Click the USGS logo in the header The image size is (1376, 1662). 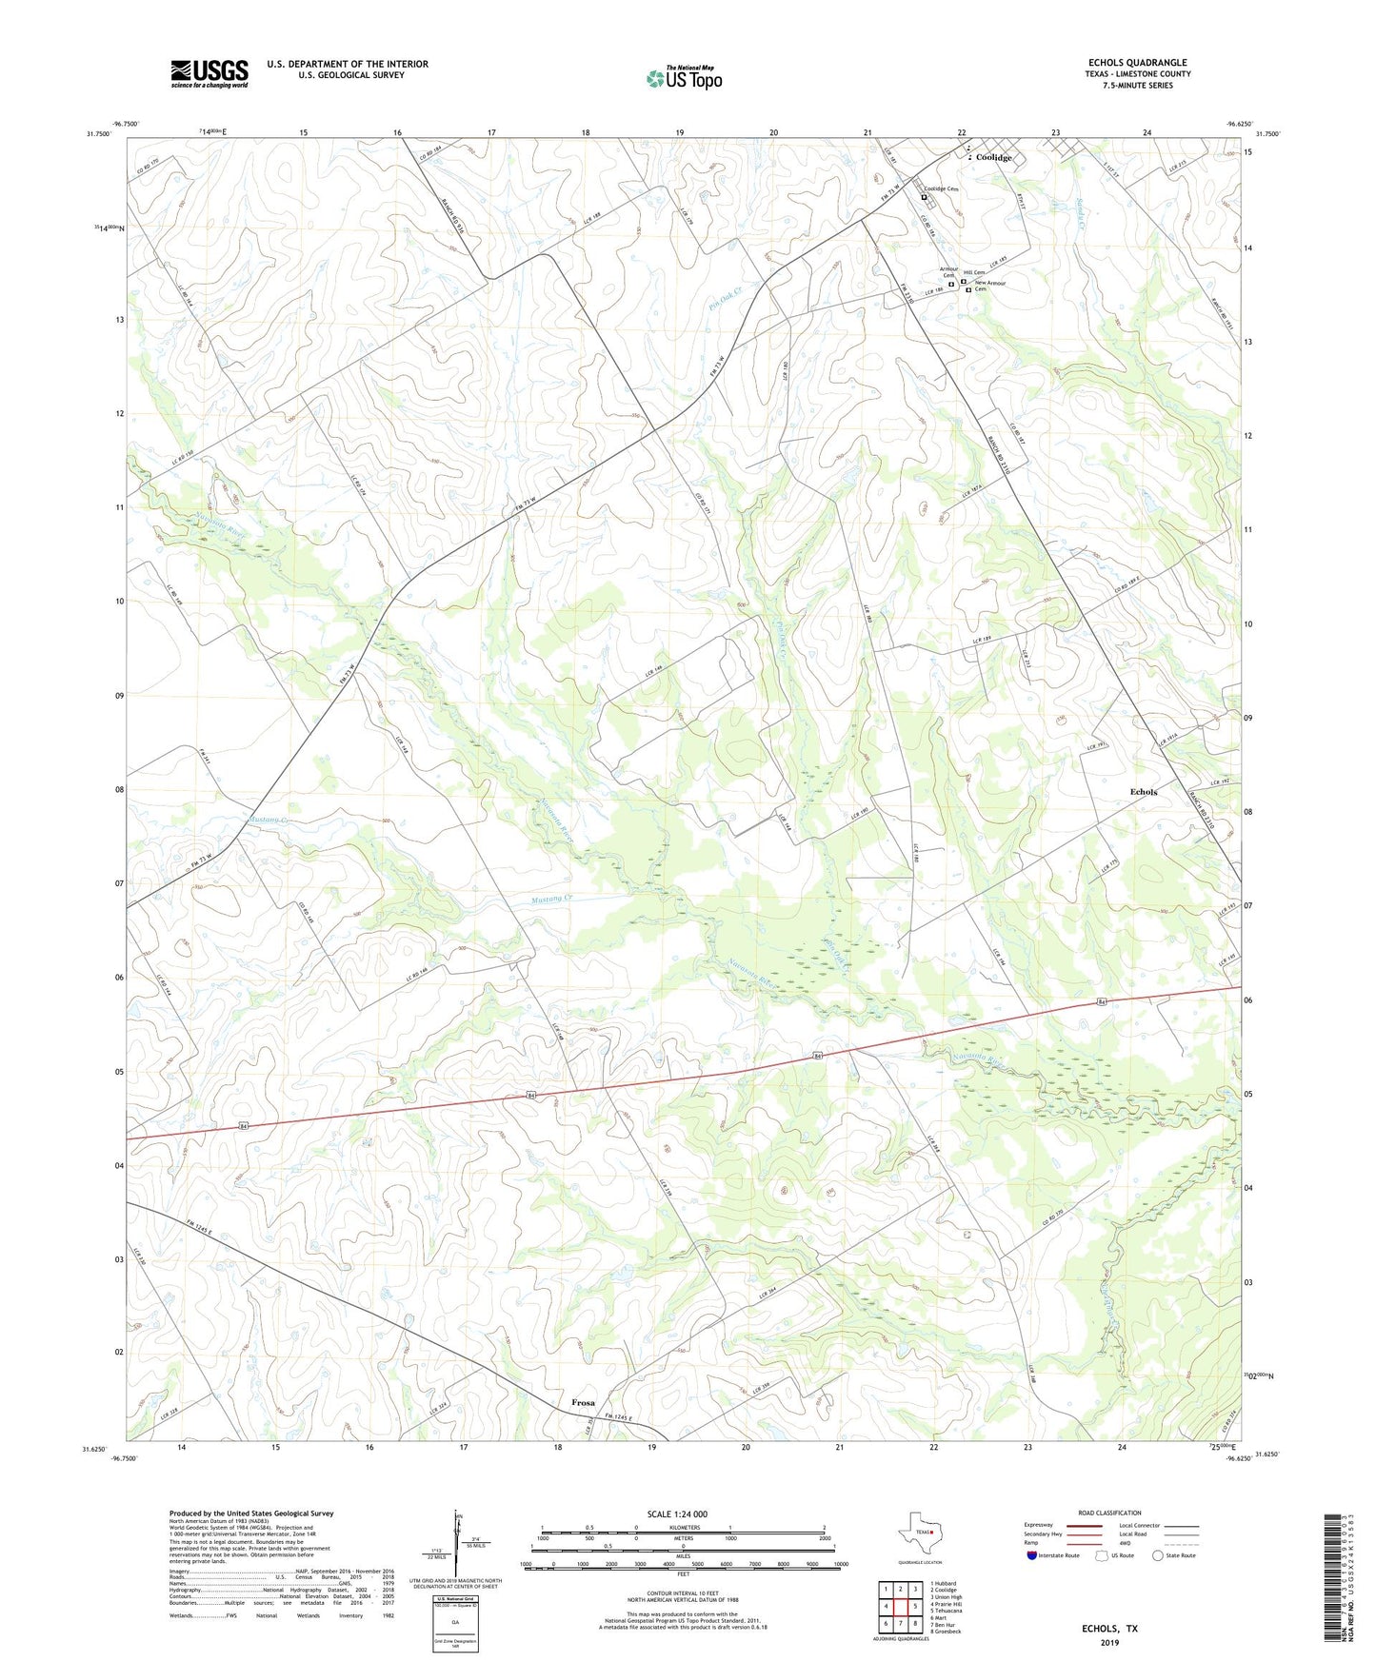click(209, 73)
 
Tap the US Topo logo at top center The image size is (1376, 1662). click(684, 78)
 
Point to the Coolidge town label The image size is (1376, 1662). click(993, 158)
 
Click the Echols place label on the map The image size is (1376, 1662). click(1144, 792)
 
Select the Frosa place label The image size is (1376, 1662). click(583, 1403)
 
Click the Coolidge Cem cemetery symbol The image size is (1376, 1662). click(924, 198)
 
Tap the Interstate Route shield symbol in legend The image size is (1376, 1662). click(1031, 1555)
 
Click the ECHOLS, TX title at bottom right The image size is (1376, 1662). click(1109, 1629)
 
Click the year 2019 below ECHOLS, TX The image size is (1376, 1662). click(1109, 1642)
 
